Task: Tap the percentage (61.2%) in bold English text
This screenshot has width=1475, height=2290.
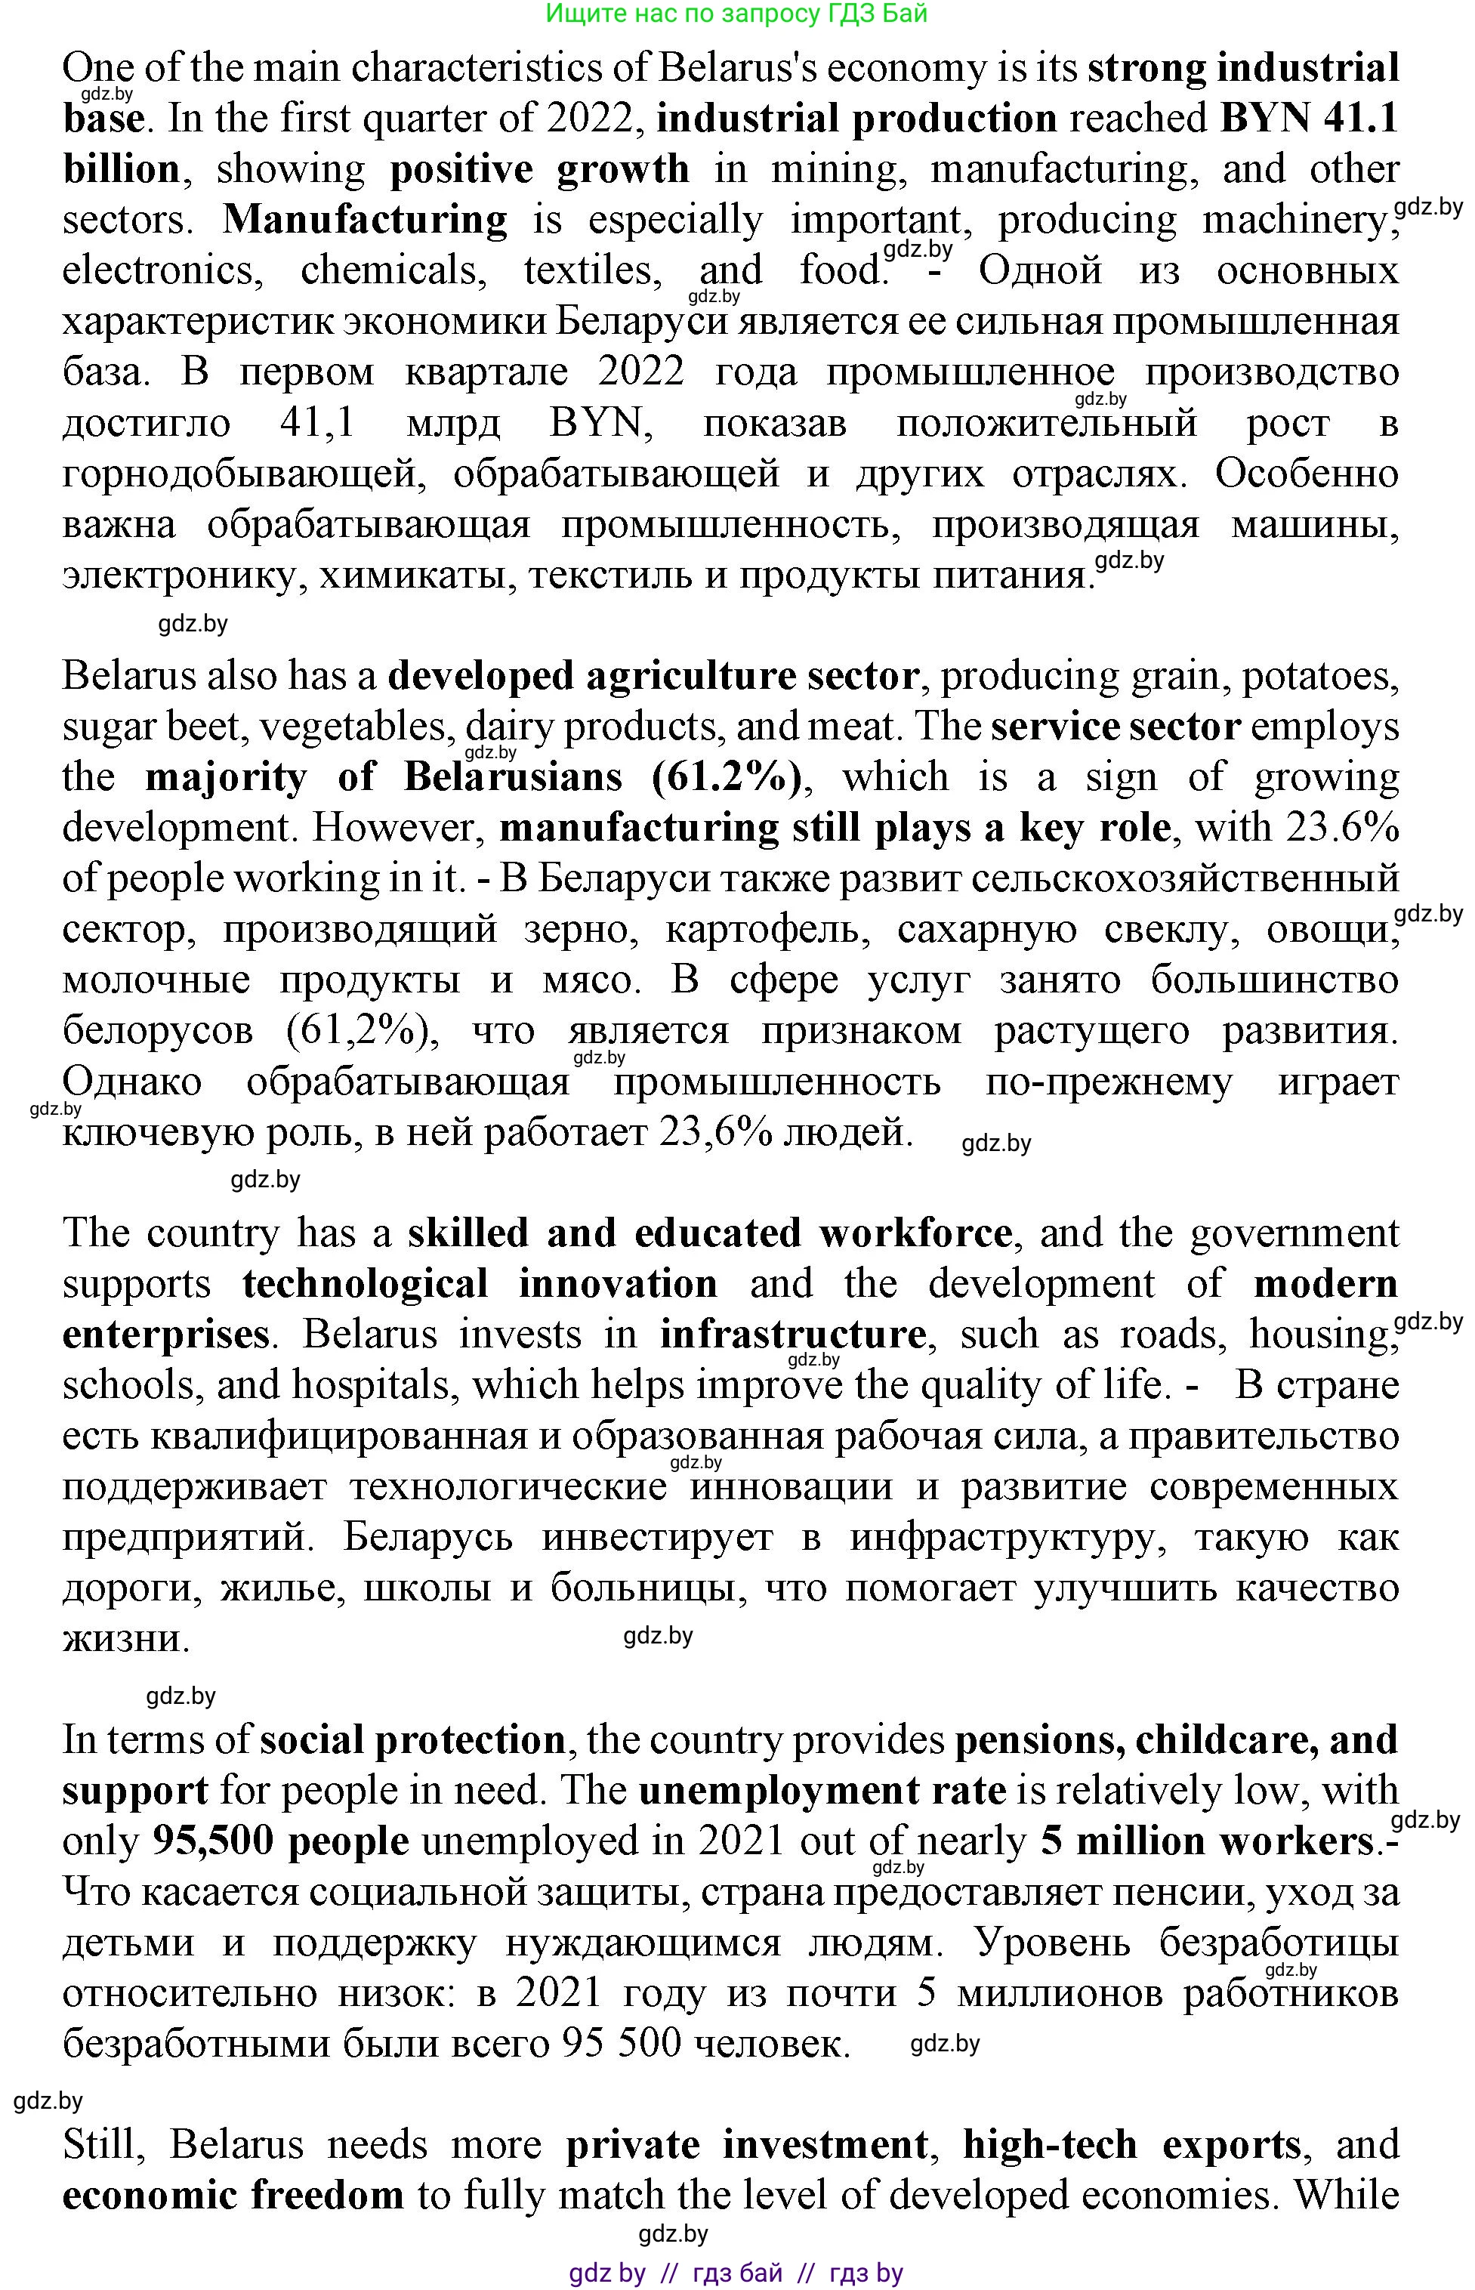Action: (x=727, y=776)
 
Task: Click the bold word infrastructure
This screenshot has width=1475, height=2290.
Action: (x=792, y=1334)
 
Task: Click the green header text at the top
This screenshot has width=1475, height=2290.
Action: (x=736, y=14)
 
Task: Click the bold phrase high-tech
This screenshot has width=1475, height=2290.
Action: (x=1050, y=2144)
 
